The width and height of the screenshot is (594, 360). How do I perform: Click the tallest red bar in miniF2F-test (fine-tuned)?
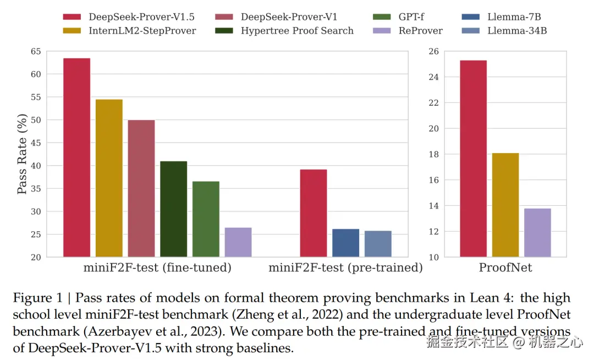point(76,157)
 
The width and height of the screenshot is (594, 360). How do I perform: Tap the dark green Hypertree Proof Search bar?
point(174,209)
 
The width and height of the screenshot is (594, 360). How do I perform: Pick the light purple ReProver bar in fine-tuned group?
point(238,242)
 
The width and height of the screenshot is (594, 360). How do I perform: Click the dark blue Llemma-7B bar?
point(345,243)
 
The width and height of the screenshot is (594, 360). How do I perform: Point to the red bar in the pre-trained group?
point(313,213)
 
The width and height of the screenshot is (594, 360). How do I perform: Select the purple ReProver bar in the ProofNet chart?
point(537,232)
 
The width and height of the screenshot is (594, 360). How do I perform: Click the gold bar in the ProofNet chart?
point(505,205)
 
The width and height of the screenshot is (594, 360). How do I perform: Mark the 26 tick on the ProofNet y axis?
point(433,51)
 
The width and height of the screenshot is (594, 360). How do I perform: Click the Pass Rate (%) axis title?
point(22,154)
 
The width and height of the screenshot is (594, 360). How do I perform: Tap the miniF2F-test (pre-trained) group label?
point(345,268)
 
